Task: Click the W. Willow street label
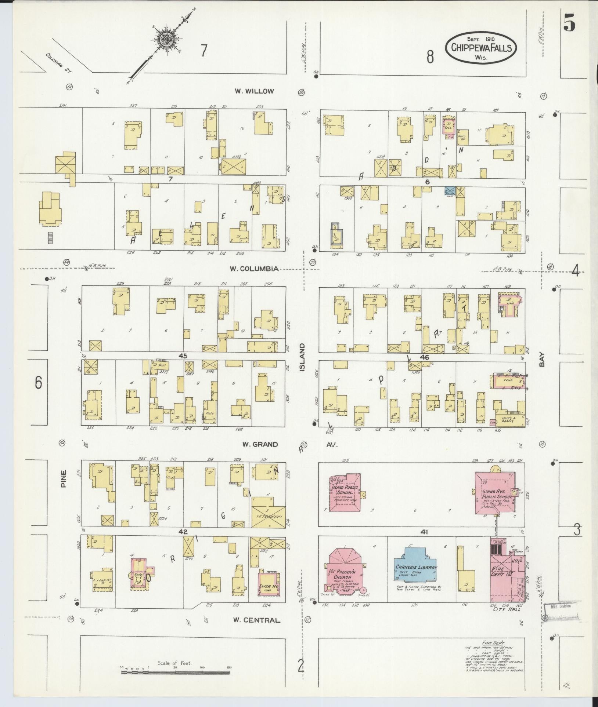255,91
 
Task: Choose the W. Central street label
256,620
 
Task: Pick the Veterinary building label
269,516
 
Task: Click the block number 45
183,356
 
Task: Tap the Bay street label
542,360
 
